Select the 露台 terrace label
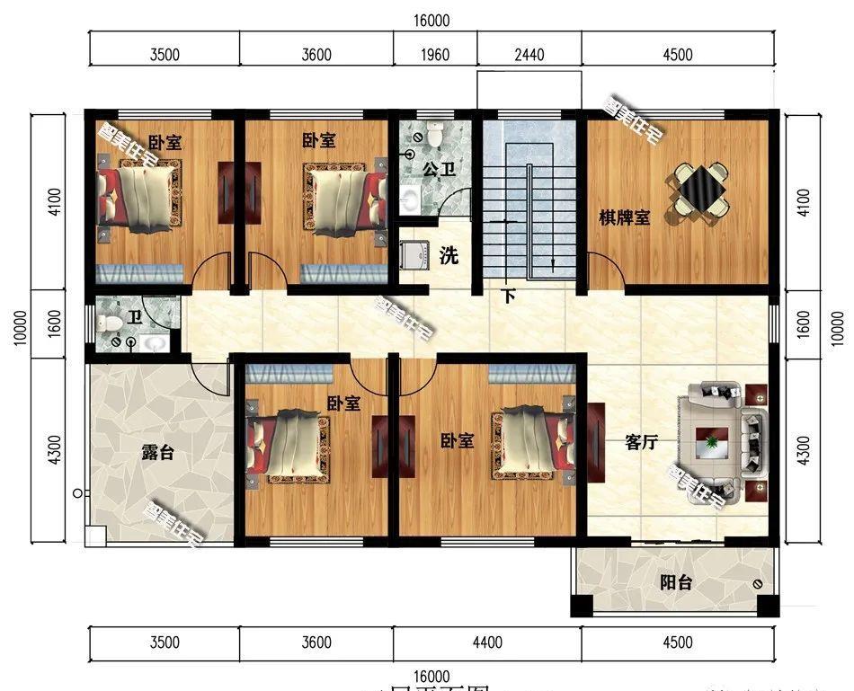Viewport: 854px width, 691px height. pos(157,453)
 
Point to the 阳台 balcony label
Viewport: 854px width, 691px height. pos(676,583)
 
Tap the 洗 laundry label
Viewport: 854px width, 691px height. pos(449,256)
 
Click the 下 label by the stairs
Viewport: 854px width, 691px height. pos(508,296)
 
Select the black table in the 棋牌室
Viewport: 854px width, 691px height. pos(700,189)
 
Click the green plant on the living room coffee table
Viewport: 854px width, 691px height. pos(713,440)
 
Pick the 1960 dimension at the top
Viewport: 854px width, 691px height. pos(435,55)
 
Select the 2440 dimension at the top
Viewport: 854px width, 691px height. pos(529,55)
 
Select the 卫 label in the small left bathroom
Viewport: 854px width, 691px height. pos(134,316)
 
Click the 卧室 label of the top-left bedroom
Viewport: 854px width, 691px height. pos(165,142)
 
